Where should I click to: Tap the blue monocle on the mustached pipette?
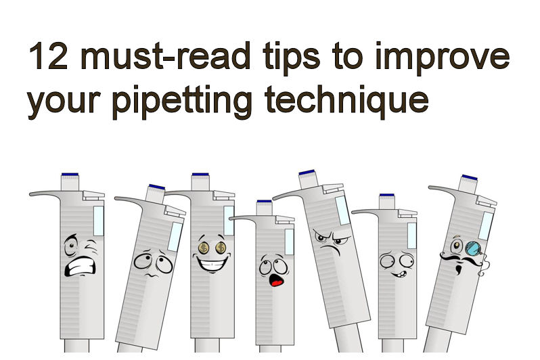(471, 246)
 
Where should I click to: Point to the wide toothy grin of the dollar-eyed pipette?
(209, 265)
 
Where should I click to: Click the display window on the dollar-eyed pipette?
(228, 221)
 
